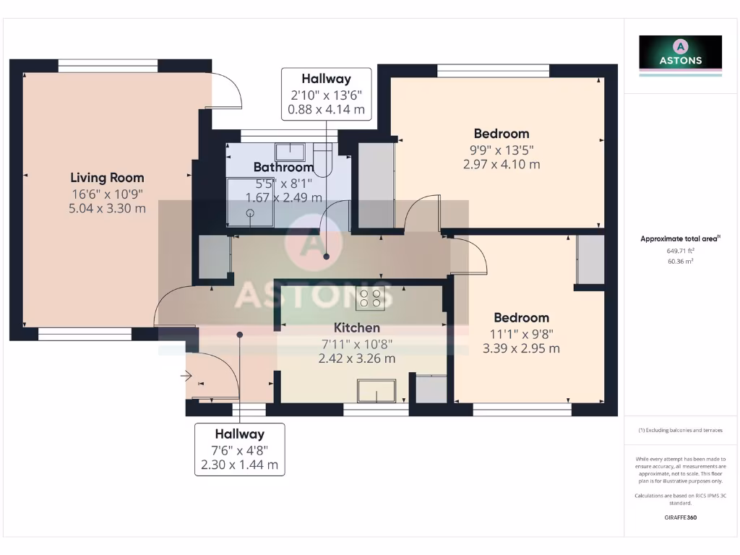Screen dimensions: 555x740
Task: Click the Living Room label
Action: (107, 177)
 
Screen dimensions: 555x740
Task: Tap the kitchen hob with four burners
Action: (371, 298)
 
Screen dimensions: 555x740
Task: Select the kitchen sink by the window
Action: (376, 390)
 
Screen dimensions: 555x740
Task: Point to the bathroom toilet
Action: (322, 156)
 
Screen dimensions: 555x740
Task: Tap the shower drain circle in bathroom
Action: (251, 213)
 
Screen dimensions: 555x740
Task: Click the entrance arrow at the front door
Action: (186, 376)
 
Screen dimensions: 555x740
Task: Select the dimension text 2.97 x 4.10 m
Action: (502, 164)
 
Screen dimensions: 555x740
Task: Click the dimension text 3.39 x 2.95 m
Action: (521, 348)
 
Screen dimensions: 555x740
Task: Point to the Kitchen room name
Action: (357, 328)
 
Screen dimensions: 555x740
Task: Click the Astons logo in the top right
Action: (680, 56)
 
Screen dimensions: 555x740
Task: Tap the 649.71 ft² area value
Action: (679, 251)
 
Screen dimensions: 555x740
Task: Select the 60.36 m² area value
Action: (679, 261)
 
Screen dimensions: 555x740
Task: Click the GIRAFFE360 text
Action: (679, 517)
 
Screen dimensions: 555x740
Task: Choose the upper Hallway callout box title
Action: (326, 79)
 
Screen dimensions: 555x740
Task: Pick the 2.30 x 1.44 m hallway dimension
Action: (240, 465)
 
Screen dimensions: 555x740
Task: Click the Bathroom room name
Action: (283, 168)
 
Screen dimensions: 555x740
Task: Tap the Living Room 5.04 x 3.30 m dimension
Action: (107, 208)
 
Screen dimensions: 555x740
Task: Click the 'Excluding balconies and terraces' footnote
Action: (679, 430)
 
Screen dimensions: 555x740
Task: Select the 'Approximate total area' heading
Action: (679, 238)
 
